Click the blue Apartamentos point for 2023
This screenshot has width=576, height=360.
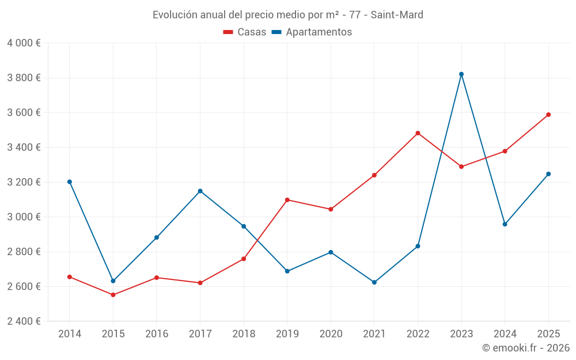[x=461, y=74]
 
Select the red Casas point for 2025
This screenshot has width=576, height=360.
[x=548, y=115]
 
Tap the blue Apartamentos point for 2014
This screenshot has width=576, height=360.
[x=70, y=182]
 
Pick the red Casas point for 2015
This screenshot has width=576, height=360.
[x=113, y=295]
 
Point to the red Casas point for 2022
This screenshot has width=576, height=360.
[x=418, y=133]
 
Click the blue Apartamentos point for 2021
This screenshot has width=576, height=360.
[x=374, y=282]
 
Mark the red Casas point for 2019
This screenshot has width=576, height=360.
[x=287, y=200]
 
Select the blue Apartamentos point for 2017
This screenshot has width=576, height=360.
[x=200, y=191]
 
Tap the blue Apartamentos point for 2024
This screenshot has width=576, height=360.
[x=505, y=224]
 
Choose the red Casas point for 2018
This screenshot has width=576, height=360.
[x=244, y=259]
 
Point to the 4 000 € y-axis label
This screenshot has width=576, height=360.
[x=24, y=43]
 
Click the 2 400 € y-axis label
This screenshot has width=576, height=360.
[x=24, y=321]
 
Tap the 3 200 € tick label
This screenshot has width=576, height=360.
[x=24, y=182]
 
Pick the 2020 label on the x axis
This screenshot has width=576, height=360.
[x=331, y=334]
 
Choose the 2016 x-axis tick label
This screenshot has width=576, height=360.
[x=157, y=334]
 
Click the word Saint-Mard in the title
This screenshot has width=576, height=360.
[x=397, y=15]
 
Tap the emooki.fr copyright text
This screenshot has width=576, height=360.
[x=525, y=348]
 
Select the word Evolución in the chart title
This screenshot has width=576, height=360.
[x=173, y=15]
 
